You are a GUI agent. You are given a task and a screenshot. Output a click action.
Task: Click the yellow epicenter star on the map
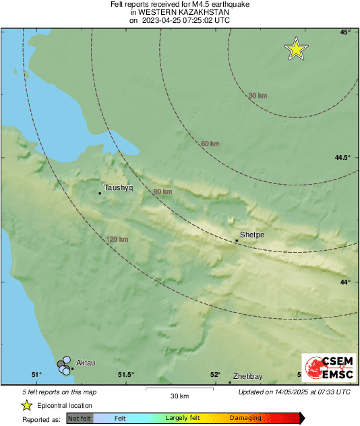click(x=296, y=49)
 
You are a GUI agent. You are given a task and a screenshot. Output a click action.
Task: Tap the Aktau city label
click(x=86, y=363)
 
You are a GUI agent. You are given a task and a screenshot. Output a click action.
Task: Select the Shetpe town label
click(x=252, y=235)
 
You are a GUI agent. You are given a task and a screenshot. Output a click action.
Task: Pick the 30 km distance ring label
click(x=258, y=96)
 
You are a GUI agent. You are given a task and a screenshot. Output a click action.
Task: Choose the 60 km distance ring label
click(x=210, y=144)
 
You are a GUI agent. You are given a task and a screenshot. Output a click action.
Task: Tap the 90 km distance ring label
click(x=163, y=192)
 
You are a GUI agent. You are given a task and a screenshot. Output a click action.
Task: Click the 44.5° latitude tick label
click(x=343, y=158)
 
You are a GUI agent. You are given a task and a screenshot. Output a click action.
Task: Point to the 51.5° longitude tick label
click(x=126, y=375)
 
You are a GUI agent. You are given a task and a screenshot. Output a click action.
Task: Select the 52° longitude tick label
click(x=215, y=375)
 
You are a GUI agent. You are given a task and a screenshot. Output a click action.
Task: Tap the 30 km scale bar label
click(x=179, y=396)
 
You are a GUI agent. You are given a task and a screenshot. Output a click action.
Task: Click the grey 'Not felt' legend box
click(x=80, y=418)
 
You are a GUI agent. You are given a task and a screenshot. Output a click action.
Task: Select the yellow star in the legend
click(x=27, y=405)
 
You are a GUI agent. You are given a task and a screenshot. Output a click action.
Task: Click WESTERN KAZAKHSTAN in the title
click(x=179, y=12)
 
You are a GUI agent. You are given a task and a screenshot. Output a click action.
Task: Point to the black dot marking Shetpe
click(x=237, y=241)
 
